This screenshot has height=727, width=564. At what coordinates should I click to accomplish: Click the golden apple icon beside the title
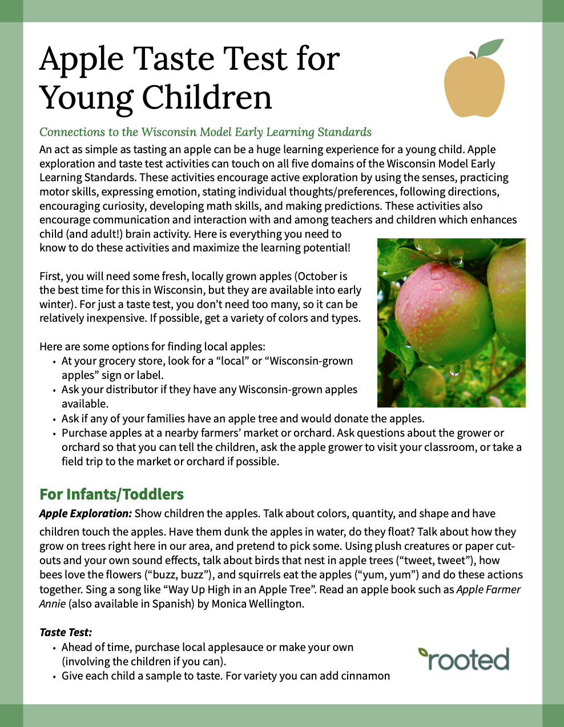tap(474, 85)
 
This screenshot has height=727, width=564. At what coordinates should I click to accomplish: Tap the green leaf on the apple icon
tap(490, 48)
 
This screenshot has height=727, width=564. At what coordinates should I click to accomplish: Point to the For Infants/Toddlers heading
tap(111, 494)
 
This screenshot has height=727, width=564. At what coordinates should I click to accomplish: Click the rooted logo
tap(464, 658)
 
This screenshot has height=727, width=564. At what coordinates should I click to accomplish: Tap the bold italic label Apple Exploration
tap(86, 513)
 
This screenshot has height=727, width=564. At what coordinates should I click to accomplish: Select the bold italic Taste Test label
tap(66, 632)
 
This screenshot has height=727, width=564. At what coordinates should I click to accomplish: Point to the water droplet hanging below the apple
tap(454, 370)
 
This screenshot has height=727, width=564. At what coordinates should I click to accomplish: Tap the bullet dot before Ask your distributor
tap(54, 390)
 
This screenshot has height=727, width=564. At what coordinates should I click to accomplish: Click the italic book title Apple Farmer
tap(489, 589)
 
